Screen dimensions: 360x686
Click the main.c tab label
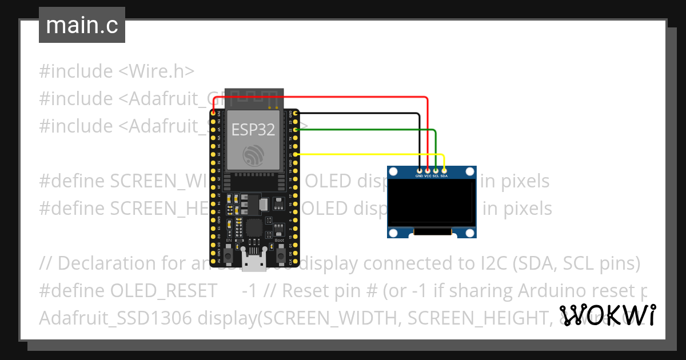click(82, 26)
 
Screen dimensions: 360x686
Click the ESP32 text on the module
click(253, 129)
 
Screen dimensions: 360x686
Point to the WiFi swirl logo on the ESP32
click(253, 155)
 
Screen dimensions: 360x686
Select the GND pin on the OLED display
click(420, 170)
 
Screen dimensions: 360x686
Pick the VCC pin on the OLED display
click(428, 170)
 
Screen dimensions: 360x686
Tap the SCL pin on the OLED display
click(436, 170)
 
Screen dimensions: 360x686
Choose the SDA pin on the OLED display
click(444, 170)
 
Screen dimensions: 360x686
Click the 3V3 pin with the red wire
click(213, 114)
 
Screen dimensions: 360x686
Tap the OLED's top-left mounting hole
click(393, 171)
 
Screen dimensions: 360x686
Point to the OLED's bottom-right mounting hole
click(470, 233)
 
